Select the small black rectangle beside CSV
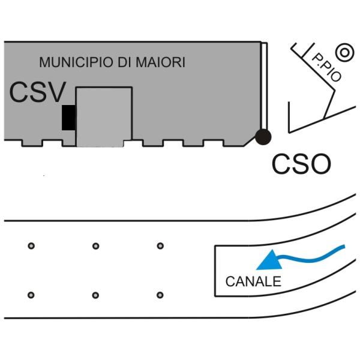[x=69, y=117]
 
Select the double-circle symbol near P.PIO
[x=344, y=52]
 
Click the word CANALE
[x=253, y=282]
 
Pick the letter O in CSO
[x=319, y=163]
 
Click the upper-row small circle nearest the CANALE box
[x=160, y=245]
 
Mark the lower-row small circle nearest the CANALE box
[x=160, y=295]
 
